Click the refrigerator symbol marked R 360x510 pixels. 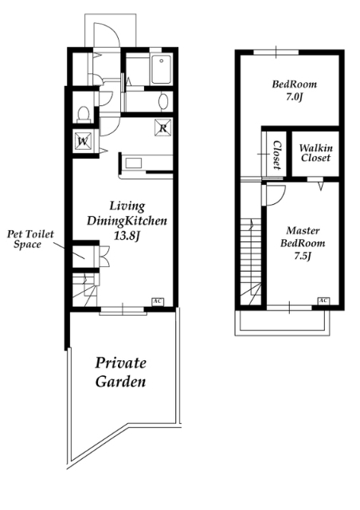163,127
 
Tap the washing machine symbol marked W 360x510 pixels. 84,142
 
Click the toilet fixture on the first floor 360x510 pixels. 84,114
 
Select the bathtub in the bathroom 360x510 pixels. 161,69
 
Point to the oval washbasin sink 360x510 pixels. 163,101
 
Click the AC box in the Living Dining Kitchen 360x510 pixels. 158,301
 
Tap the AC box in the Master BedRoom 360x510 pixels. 323,301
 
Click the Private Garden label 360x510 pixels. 120,372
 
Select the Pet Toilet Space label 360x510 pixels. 30,239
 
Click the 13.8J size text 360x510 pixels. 127,236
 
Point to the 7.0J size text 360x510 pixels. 295,97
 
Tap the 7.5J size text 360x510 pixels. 303,256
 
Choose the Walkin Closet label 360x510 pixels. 315,153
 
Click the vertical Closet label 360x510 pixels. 276,155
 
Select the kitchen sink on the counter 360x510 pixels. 134,163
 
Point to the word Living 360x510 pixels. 127,206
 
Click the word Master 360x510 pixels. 303,231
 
